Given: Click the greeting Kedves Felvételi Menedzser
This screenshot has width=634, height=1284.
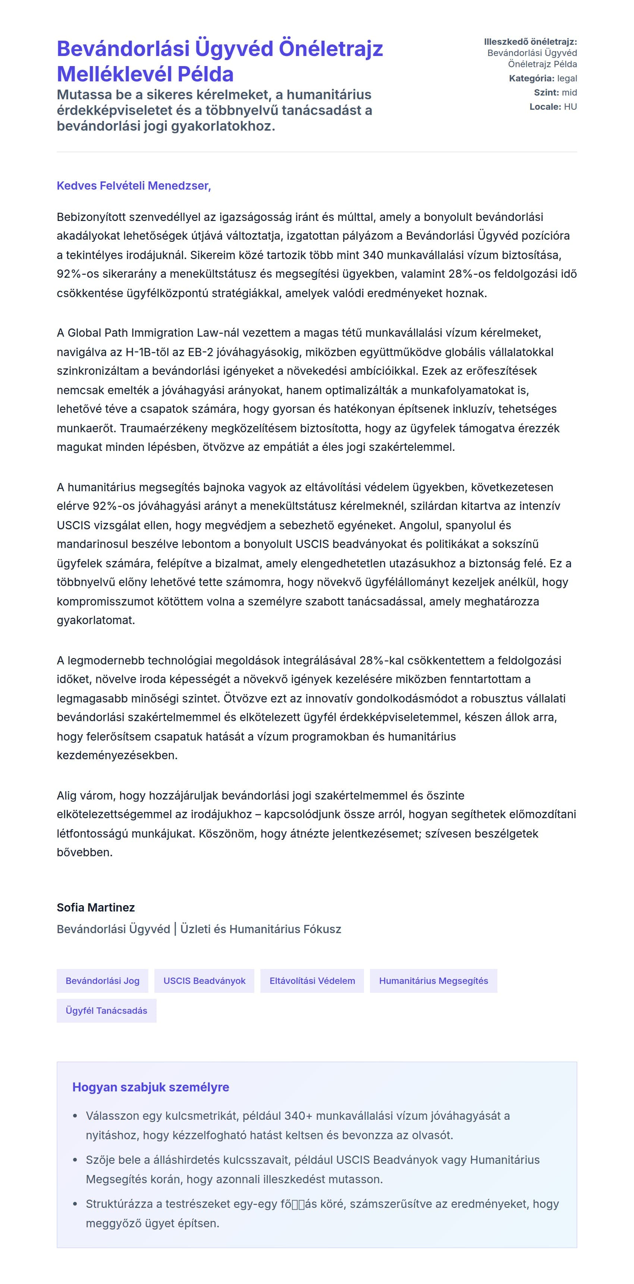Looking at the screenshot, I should click(x=134, y=186).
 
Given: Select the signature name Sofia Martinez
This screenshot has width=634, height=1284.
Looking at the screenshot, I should click(x=95, y=907).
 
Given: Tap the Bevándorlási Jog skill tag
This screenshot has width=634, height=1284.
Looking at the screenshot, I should click(x=102, y=981).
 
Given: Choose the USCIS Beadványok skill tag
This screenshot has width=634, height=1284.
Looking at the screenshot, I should click(x=204, y=981).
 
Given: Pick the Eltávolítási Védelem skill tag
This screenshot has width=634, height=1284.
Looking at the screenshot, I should click(x=312, y=981).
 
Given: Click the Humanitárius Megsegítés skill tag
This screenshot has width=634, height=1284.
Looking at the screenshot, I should click(x=433, y=981).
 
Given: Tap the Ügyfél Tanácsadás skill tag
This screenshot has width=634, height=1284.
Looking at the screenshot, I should click(x=106, y=1010).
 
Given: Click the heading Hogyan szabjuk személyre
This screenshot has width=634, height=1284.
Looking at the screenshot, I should click(x=150, y=1087).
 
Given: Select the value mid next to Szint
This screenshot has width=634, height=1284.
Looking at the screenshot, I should click(x=569, y=93).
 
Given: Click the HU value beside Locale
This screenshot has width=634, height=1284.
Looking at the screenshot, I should click(x=570, y=107).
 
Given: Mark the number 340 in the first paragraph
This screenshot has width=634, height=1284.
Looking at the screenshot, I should click(x=373, y=255).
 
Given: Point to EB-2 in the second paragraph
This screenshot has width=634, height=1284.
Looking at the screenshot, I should click(x=201, y=352).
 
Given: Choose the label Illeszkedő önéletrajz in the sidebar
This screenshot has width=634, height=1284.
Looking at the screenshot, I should click(x=530, y=42).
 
